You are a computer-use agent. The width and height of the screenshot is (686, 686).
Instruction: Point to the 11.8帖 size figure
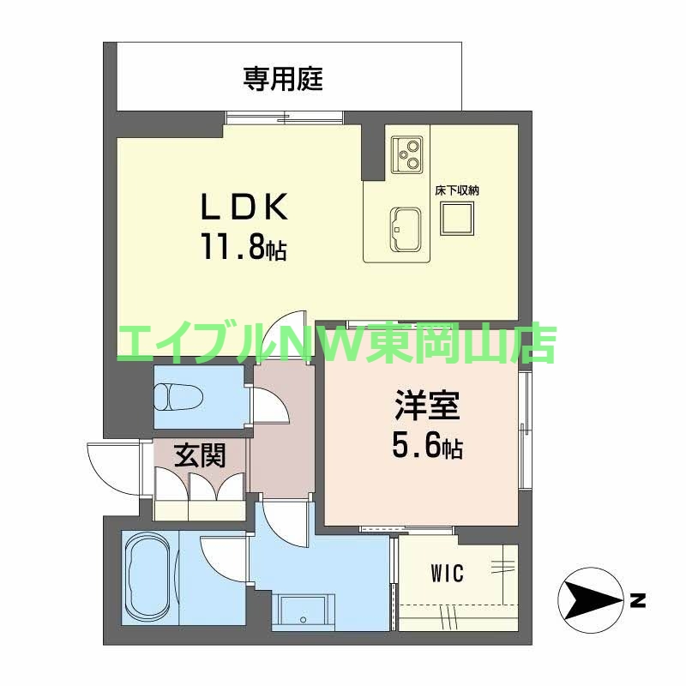[x=244, y=249]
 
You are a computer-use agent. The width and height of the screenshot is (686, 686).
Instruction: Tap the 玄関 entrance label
[x=200, y=455]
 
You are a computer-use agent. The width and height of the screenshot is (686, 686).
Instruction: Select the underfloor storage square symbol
[x=456, y=221]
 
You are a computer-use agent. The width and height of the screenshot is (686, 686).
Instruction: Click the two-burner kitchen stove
[x=406, y=153]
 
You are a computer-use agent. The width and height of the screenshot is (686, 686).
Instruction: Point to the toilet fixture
[x=178, y=397]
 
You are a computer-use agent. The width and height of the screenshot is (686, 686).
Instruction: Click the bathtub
[x=149, y=576]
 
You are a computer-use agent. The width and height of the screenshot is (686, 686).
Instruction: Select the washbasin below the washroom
[x=302, y=611]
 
